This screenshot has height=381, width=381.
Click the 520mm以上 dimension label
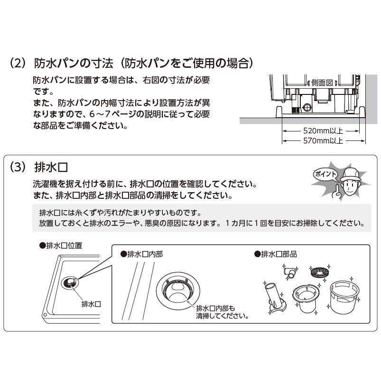coord(323,130)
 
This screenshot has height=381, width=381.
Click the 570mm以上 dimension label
coord(323,141)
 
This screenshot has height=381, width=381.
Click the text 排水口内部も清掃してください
coord(223,311)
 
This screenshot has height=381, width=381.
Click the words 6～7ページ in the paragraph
coord(107,115)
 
